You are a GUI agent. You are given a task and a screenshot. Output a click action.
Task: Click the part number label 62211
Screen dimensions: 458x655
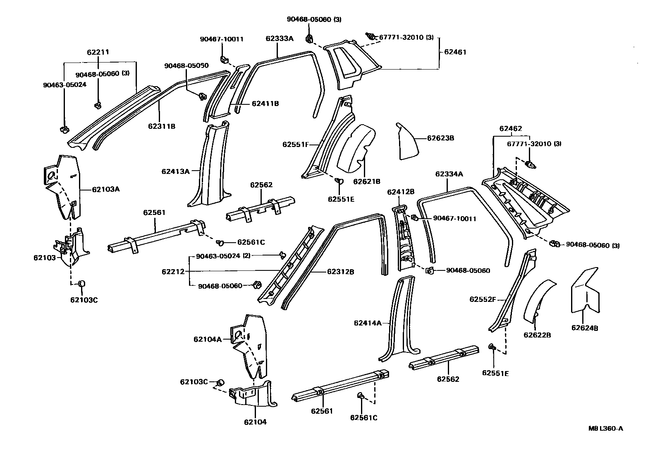98,53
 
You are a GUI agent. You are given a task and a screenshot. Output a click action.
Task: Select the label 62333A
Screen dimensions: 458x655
280,39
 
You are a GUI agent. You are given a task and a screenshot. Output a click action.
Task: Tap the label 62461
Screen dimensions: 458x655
455,52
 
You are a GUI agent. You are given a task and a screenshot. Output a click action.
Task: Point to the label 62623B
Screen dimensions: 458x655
440,138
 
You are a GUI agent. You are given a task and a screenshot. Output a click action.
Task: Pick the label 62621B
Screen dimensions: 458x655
366,181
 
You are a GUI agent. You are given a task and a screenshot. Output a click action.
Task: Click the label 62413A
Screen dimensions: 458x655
175,171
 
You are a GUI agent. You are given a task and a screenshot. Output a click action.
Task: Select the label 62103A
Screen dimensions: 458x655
106,189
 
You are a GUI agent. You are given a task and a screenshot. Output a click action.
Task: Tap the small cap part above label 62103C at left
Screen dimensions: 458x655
81,283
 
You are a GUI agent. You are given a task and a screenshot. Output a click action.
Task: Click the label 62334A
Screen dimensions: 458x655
449,174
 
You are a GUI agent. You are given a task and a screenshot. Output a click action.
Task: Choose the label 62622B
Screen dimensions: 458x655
537,335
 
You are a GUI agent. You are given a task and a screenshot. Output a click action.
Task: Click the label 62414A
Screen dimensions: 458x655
368,323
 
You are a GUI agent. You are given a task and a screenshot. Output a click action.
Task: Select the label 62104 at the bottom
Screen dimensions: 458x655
255,422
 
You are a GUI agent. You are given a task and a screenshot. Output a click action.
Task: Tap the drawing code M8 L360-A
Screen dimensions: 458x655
606,429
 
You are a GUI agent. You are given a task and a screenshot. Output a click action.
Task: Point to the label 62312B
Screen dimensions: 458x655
340,272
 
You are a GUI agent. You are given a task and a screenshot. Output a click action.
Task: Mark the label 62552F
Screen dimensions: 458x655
482,299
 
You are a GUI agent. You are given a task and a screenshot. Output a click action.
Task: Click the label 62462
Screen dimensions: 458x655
510,129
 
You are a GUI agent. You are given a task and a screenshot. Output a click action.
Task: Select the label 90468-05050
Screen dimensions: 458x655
186,66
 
